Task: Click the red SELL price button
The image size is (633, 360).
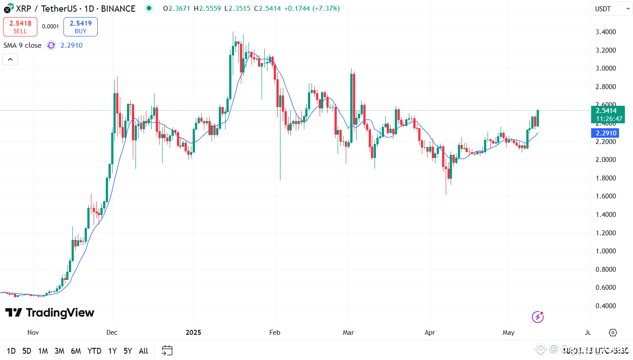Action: click(x=20, y=27)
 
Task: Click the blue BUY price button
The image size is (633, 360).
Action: click(x=80, y=27)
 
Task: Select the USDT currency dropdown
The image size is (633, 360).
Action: click(x=613, y=9)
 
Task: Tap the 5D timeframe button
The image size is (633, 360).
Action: click(x=27, y=351)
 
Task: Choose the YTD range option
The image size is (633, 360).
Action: click(x=94, y=351)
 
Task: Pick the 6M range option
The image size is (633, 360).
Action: click(x=76, y=351)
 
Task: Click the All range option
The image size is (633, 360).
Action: click(x=143, y=351)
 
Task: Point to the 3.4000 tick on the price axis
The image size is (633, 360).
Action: click(x=606, y=32)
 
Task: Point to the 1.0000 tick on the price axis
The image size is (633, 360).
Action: click(x=606, y=251)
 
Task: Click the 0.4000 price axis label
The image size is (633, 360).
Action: click(x=606, y=306)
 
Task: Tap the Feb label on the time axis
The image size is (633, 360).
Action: click(x=275, y=333)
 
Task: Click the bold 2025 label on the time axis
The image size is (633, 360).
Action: click(x=193, y=333)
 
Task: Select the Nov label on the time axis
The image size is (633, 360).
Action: click(x=33, y=333)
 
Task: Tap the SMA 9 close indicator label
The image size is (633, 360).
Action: click(x=23, y=45)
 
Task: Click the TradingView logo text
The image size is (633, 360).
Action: click(x=50, y=313)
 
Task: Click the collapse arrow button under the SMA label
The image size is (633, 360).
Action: click(x=10, y=59)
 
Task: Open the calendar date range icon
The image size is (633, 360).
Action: click(x=167, y=351)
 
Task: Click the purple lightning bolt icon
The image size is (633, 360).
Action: click(x=538, y=317)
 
